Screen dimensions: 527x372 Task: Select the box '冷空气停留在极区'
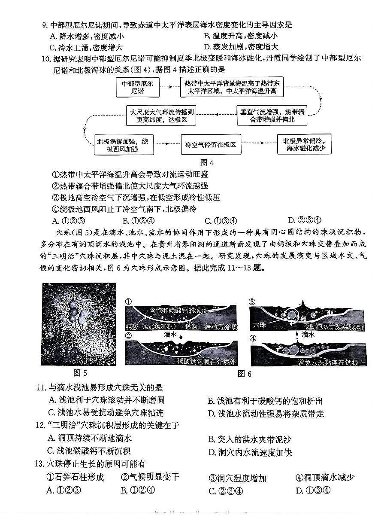[x=211, y=145]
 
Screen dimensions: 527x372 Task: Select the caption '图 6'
[x=244, y=374]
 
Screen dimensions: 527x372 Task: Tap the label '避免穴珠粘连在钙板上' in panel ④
[x=332, y=363]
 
